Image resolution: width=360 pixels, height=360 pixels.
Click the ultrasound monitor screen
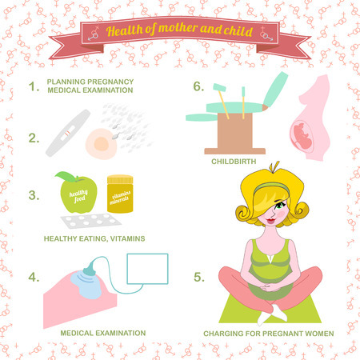click(x=147, y=269)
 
